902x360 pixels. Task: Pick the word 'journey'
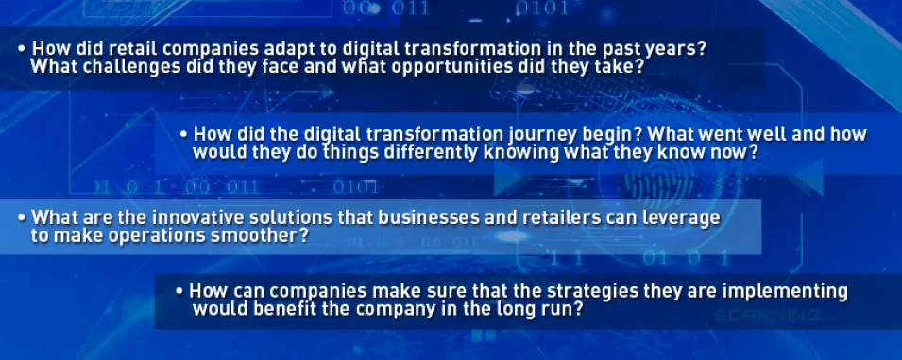(x=541, y=135)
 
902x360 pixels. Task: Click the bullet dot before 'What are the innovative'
(x=22, y=218)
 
